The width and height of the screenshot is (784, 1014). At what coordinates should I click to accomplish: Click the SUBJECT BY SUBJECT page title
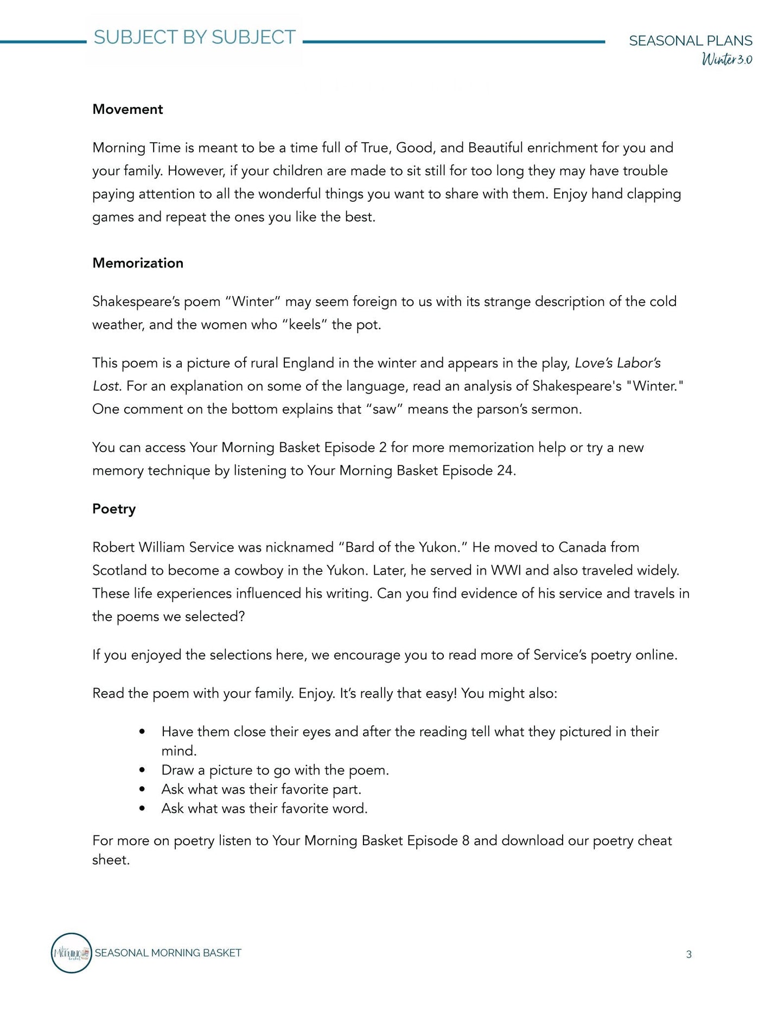coord(195,37)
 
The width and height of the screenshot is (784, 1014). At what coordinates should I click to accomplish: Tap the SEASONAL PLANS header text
coord(690,41)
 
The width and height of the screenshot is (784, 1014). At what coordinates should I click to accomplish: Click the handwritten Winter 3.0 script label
coord(726,59)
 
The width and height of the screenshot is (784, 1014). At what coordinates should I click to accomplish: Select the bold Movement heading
coord(128,109)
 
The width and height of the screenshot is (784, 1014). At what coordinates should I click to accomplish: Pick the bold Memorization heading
coord(138,263)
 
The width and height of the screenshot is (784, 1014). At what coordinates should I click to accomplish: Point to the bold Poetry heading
coord(114,509)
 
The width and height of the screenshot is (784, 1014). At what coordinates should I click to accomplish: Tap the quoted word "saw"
coord(385,409)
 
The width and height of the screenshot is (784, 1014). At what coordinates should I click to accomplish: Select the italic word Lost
coord(106,386)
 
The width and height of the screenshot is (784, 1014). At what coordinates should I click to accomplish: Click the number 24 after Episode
coord(505,470)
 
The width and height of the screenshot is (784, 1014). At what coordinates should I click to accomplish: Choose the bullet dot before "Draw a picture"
coord(142,770)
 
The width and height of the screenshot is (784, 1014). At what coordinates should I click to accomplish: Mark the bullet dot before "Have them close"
coord(142,732)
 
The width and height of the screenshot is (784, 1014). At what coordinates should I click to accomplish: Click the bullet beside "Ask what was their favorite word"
coord(142,808)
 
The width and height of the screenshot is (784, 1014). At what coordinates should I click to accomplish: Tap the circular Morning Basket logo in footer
coord(72,953)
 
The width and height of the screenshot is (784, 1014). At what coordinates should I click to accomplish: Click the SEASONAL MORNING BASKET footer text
coord(168,953)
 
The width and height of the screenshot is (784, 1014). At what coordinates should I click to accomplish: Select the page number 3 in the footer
coord(689,954)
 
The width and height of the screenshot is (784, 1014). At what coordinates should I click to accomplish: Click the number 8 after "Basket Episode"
coord(466,840)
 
